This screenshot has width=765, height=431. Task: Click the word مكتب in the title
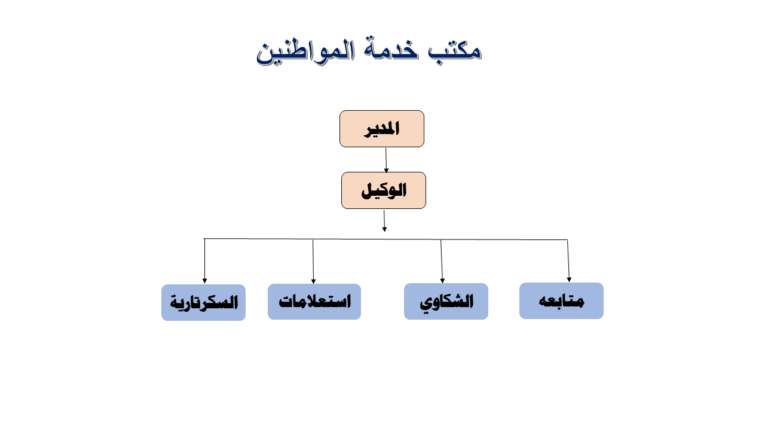[455, 51]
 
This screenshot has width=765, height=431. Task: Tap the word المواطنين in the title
[305, 51]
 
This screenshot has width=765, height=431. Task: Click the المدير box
[382, 129]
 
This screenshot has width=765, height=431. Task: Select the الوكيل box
[384, 190]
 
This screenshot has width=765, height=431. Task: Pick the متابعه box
[561, 301]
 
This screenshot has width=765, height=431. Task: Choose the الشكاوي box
[446, 301]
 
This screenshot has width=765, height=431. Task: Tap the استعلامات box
[314, 302]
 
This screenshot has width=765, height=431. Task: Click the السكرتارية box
[204, 302]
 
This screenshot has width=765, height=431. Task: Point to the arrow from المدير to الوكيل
[386, 160]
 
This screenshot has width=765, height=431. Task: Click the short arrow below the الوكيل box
[384, 221]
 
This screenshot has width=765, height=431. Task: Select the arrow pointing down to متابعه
[568, 261]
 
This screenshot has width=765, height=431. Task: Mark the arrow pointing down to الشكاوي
[442, 262]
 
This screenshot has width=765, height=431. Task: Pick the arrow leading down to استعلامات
[313, 262]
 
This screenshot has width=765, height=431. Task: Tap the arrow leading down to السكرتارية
[204, 261]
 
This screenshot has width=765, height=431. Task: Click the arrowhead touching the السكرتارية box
[204, 281]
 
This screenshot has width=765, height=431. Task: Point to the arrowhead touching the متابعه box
[569, 280]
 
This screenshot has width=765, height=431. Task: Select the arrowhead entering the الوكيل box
[386, 171]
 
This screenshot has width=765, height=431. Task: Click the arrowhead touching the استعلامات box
[313, 281]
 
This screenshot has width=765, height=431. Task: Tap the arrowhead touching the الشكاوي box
[442, 281]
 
